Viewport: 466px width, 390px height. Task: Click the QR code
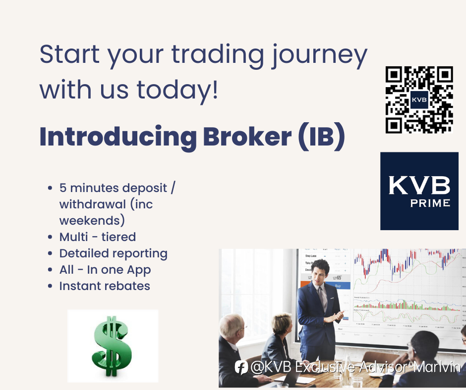419,99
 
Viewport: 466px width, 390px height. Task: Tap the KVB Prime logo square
419,191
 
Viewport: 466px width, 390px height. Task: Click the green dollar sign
112,346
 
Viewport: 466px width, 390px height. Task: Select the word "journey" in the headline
319,56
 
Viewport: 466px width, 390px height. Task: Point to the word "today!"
177,91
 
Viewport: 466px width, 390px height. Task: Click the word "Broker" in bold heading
247,137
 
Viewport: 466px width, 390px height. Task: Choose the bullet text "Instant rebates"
105,286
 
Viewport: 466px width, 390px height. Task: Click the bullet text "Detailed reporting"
114,254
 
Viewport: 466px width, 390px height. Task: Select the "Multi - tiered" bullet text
98,237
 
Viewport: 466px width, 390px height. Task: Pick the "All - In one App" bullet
105,270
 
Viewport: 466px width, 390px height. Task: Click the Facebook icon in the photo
241,367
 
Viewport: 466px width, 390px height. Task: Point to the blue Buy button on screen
338,286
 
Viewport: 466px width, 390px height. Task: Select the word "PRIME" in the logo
430,203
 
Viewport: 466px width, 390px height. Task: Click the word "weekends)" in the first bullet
92,221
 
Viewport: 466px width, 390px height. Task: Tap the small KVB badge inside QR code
419,99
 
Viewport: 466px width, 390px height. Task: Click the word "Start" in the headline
69,54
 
